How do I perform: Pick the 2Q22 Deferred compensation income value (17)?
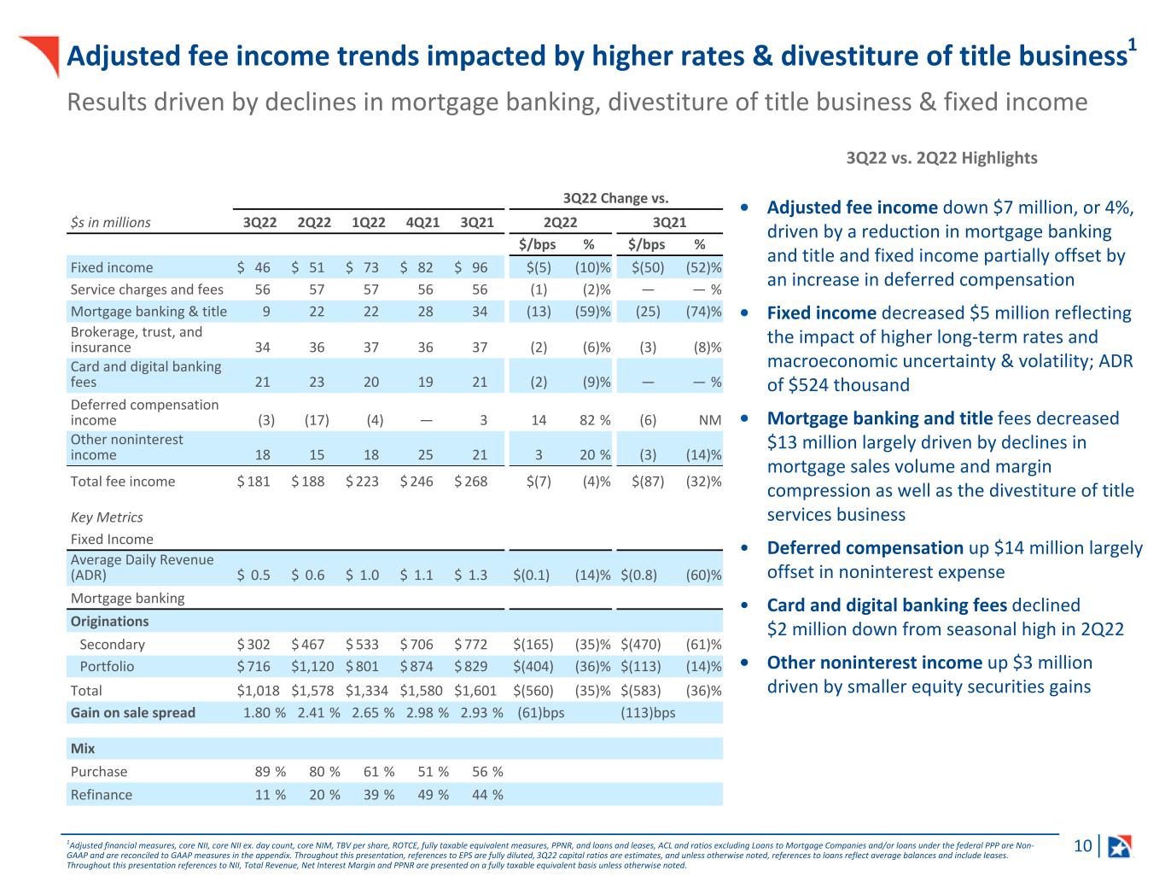click(317, 420)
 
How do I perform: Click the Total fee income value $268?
click(471, 481)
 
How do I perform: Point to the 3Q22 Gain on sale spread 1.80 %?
click(265, 712)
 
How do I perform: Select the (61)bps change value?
click(541, 712)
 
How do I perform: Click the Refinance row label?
click(102, 794)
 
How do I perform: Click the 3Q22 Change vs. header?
click(615, 198)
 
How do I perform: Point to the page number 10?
click(1082, 846)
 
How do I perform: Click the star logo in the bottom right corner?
click(1119, 846)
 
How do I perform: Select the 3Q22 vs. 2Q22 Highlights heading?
click(941, 158)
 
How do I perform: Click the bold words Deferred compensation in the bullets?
click(865, 547)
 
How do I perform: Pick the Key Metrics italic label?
click(107, 517)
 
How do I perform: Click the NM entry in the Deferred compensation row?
click(710, 420)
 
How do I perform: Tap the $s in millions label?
click(110, 222)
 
